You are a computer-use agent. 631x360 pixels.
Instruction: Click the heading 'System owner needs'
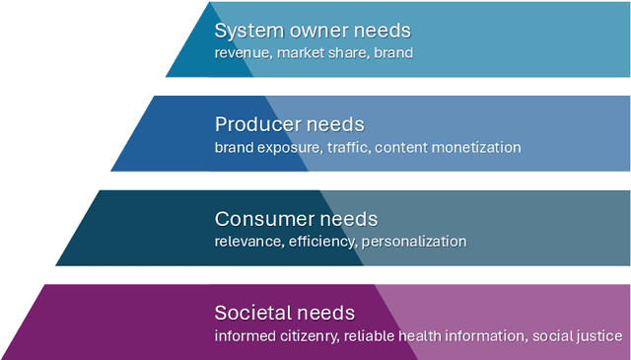point(313,31)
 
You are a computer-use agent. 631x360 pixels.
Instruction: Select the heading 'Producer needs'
point(290,125)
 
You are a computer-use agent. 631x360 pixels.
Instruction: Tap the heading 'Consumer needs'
point(296,219)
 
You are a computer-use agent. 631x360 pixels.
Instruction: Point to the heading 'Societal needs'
point(284,314)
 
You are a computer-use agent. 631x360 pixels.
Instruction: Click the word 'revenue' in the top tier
point(244,52)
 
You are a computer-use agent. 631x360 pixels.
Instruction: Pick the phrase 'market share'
point(319,52)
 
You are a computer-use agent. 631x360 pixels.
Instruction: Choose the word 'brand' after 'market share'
point(391,52)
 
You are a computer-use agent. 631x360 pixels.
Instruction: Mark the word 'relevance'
point(247,242)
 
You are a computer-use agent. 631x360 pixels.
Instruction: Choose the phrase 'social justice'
point(577,336)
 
